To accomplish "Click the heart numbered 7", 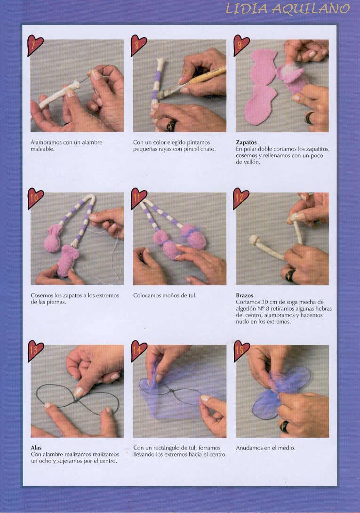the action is [35, 45].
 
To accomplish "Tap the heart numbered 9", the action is [240, 45].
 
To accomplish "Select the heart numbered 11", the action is [138, 198].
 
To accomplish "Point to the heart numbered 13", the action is [35, 351].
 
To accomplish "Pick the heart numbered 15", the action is [241, 351].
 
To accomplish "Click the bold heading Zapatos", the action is [246, 142].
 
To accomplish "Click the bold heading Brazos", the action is [245, 296].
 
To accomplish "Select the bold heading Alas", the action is [36, 448].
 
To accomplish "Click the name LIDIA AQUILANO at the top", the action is [288, 9].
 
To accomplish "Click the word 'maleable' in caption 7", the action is [42, 149].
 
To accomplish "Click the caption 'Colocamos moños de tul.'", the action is [165, 296].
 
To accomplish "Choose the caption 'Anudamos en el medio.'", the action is [265, 448].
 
